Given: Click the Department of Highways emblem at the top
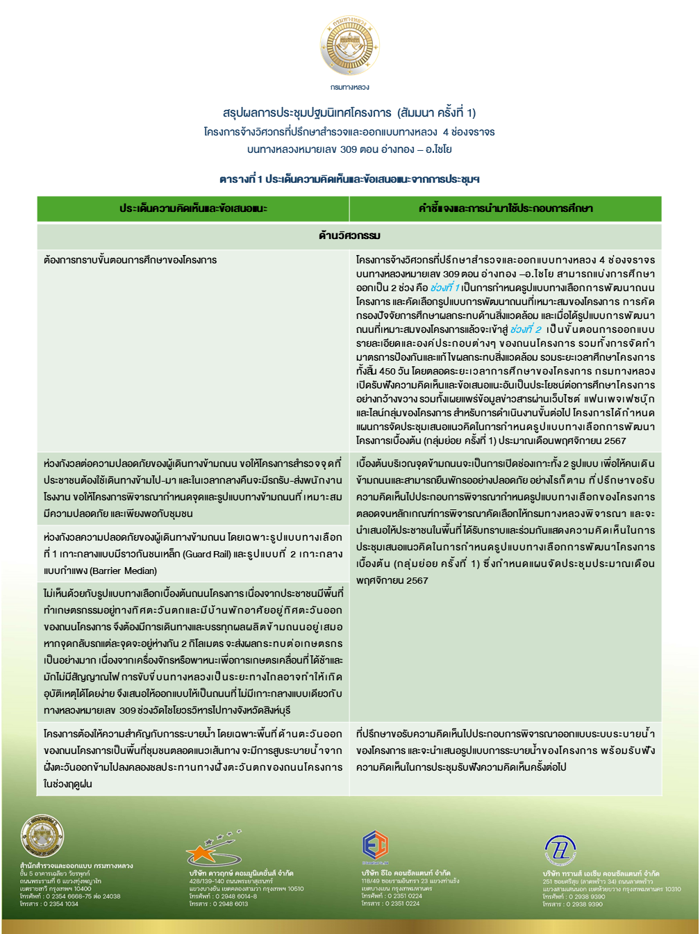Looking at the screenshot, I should [350, 46].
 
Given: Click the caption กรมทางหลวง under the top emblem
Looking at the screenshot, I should [350, 88].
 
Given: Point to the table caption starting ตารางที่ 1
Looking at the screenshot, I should [349, 179].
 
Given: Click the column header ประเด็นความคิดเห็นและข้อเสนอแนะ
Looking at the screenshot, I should [193, 208].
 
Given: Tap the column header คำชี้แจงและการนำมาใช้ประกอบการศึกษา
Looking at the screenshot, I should [506, 208].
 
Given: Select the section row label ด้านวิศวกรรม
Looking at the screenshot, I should [349, 236].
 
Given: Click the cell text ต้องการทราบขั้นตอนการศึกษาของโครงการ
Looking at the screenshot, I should [130, 260].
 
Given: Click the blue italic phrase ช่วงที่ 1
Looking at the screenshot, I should [444, 288].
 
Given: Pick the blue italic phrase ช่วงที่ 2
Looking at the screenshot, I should [526, 329].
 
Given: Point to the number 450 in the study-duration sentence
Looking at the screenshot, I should [387, 371].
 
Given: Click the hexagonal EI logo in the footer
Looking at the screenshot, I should [375, 845].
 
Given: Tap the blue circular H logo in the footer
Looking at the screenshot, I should [560, 849].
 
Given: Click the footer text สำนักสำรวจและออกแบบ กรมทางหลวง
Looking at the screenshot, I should [76, 866].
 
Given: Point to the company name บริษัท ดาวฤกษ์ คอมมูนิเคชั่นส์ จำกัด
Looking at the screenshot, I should [241, 873].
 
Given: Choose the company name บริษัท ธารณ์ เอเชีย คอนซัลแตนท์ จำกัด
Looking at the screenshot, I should [601, 874].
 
